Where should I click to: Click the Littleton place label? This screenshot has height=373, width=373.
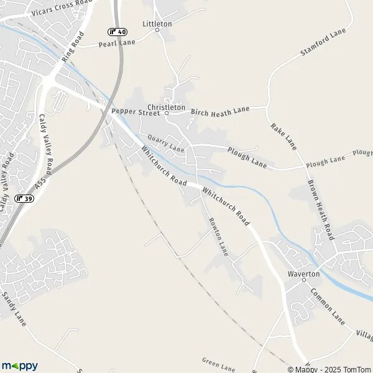(157, 24)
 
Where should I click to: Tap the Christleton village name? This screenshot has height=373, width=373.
(166, 107)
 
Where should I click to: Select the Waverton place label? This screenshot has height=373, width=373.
(303, 274)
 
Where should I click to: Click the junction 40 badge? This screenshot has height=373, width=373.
(117, 32)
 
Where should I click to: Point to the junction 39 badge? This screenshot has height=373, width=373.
(24, 198)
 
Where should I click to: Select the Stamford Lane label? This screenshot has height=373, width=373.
(323, 42)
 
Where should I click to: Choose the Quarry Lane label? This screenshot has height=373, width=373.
(166, 144)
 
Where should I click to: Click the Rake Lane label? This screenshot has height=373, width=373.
(283, 135)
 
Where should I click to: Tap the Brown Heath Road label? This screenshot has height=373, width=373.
(321, 210)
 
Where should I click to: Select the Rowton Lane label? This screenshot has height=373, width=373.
(218, 237)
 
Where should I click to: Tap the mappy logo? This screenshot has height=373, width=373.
(19, 366)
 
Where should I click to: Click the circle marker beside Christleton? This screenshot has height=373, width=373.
(167, 114)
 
